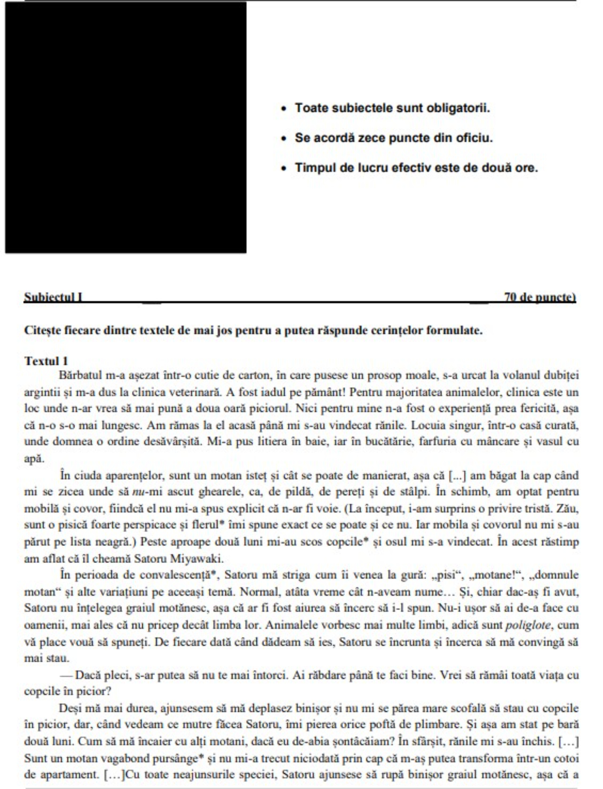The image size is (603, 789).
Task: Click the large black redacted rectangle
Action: point(125,127)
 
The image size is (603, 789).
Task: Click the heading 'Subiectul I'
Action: point(53,297)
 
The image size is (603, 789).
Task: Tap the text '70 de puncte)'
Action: point(540,297)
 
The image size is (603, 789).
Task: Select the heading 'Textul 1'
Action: point(46,361)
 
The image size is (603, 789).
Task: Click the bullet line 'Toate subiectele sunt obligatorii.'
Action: point(392,108)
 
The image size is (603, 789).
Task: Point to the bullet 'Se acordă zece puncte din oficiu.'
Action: point(393,138)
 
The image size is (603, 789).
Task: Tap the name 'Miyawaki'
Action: point(197,559)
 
